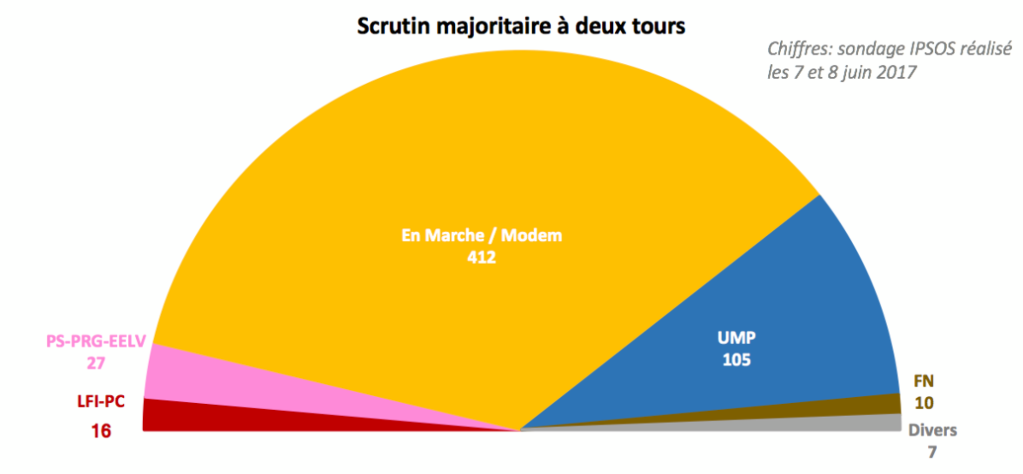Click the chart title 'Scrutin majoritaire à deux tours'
(x=521, y=26)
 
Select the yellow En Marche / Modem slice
(x=465, y=163)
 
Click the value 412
(x=482, y=257)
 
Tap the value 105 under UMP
(x=737, y=360)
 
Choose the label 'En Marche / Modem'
(x=482, y=235)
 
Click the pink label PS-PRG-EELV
(x=96, y=341)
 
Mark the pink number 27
(x=96, y=363)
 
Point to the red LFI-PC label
(x=101, y=401)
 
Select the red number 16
(x=101, y=431)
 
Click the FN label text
(x=923, y=381)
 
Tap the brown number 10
(x=923, y=403)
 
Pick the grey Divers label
(x=932, y=430)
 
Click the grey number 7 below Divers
(x=932, y=452)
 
